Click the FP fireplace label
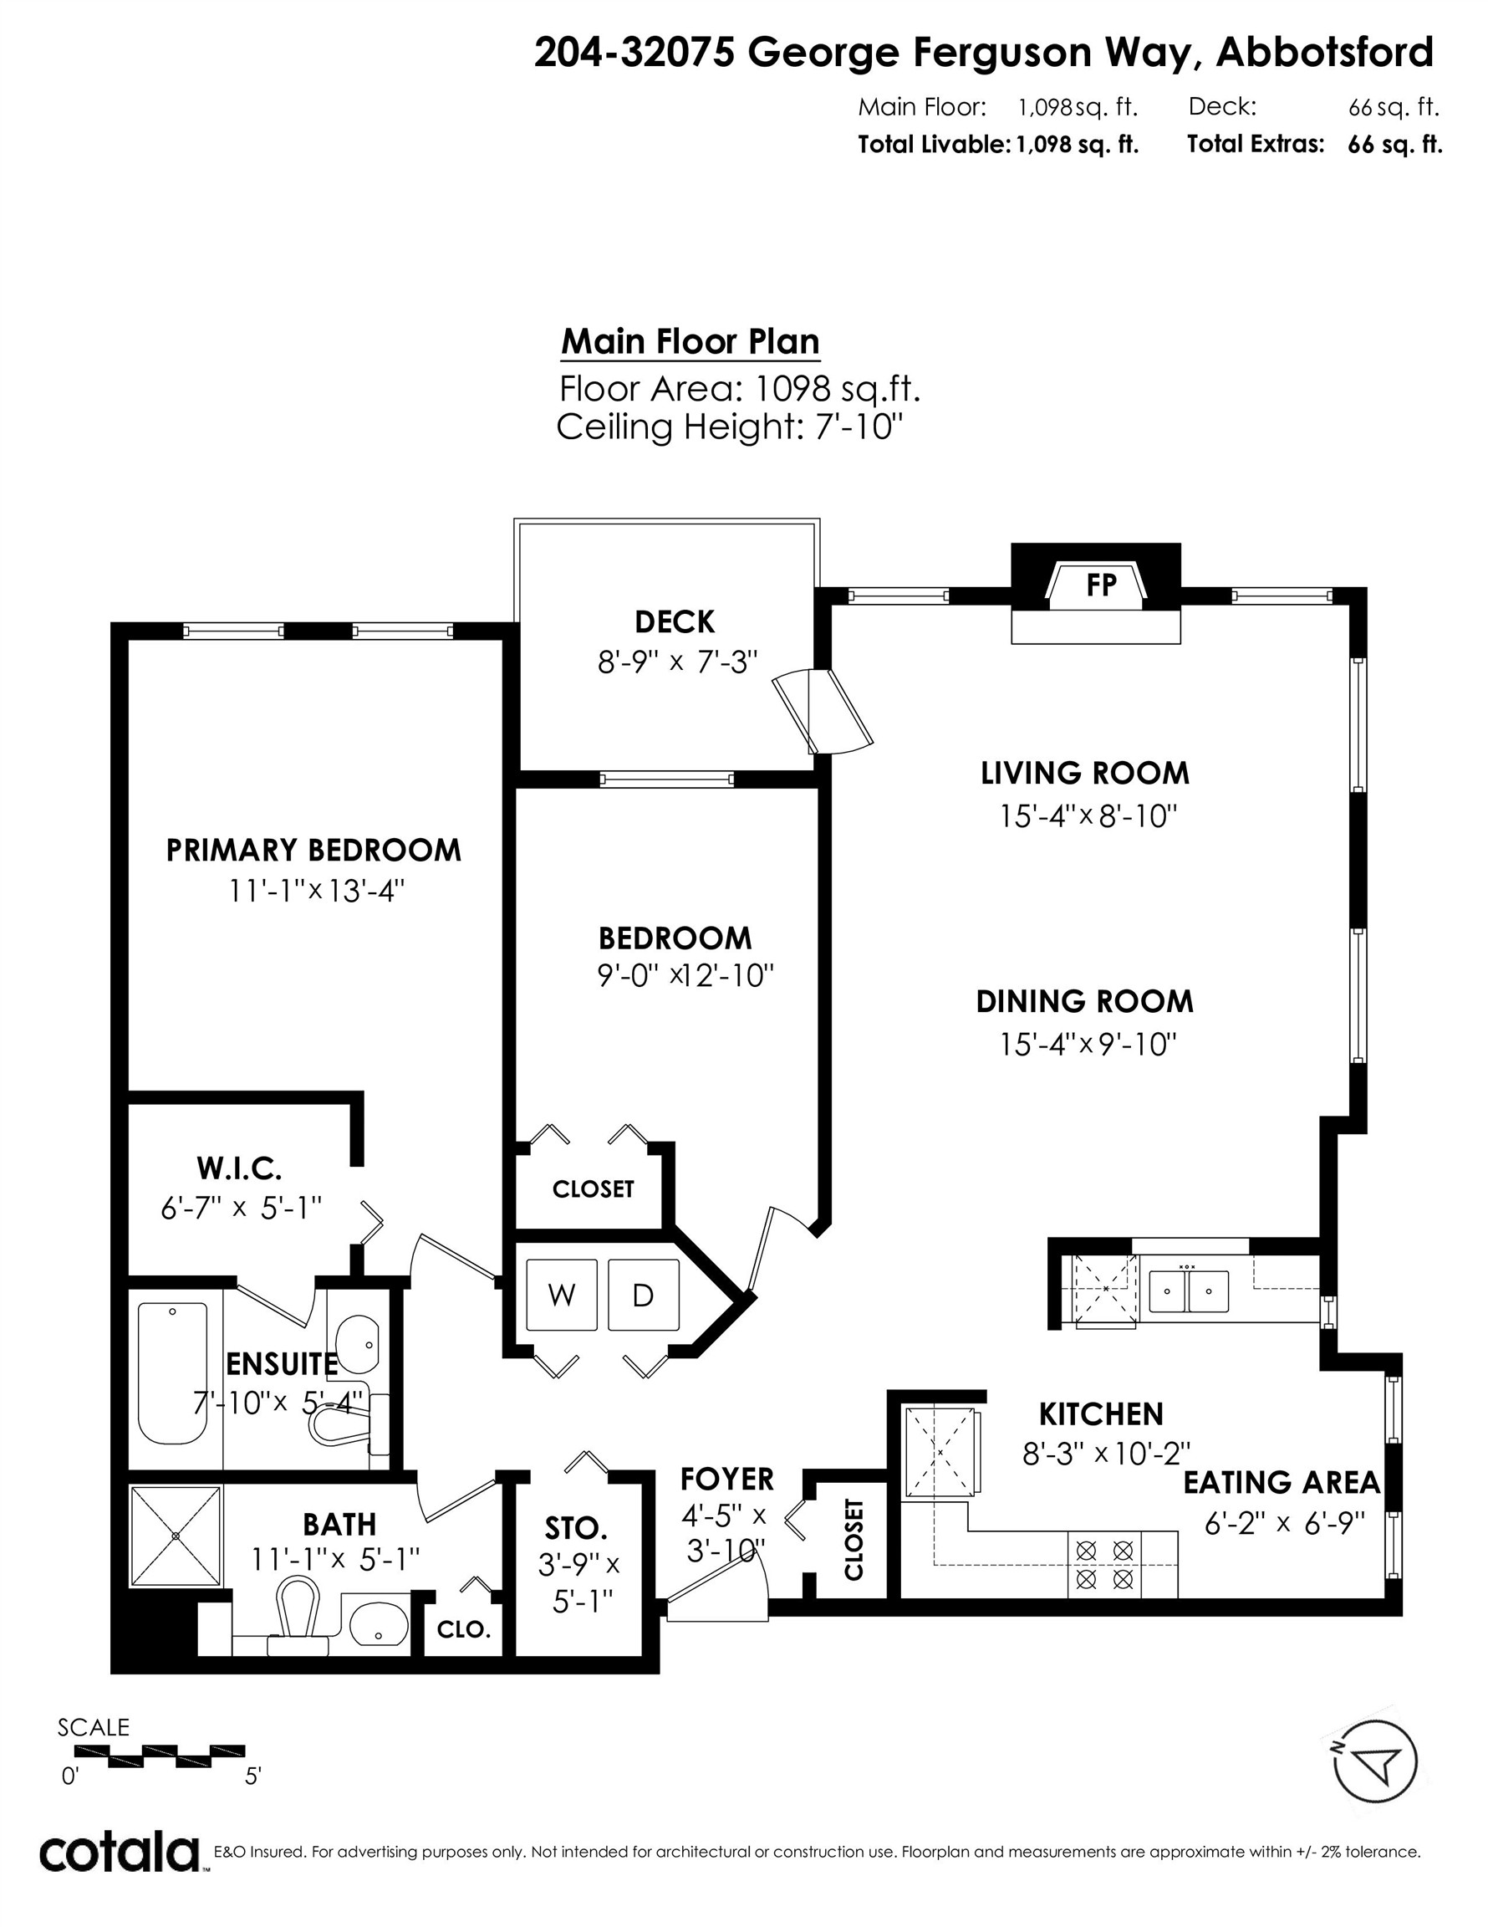[1101, 585]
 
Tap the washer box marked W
[561, 1295]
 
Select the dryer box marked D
[643, 1295]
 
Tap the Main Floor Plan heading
[690, 341]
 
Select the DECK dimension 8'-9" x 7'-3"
[677, 662]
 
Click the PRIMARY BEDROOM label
[313, 850]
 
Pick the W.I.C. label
[239, 1168]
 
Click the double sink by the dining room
[1188, 1291]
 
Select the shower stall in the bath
[176, 1536]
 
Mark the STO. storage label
[575, 1527]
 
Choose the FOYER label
[726, 1479]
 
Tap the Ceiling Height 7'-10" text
[730, 427]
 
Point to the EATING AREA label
[1281, 1482]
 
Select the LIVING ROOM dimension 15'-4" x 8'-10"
[1088, 816]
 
